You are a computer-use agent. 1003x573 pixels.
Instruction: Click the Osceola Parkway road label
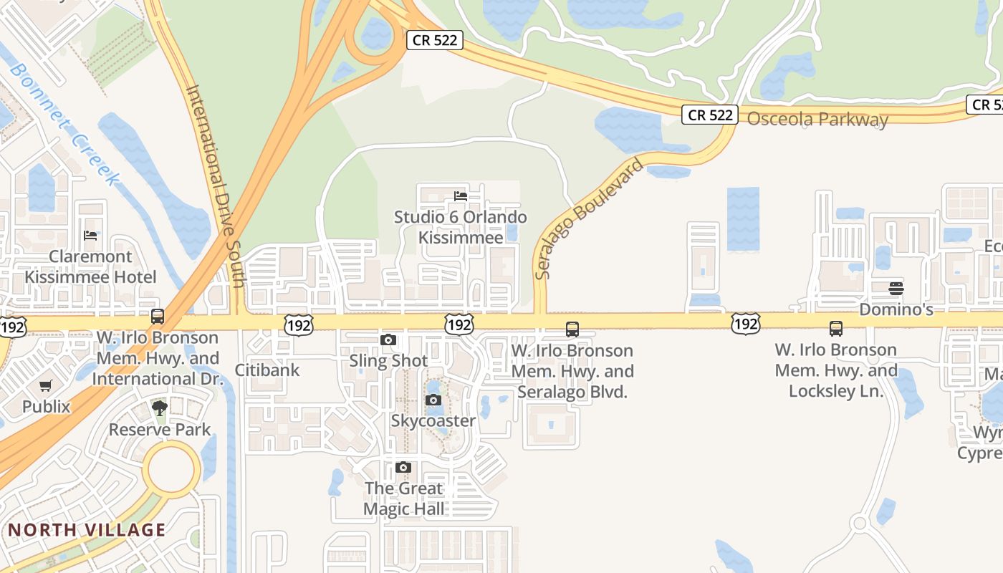click(817, 119)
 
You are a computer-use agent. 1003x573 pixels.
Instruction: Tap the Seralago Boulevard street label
click(579, 219)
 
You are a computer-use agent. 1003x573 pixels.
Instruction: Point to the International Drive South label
click(216, 186)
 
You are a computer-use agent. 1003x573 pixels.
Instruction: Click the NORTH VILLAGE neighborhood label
click(87, 530)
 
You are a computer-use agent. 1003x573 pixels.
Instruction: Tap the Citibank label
click(267, 370)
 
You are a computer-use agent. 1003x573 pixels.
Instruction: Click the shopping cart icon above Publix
click(46, 386)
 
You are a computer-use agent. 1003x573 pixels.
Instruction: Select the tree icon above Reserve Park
click(160, 408)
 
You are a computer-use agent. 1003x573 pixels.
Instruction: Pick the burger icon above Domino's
click(896, 289)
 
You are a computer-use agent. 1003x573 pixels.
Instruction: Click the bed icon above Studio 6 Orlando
click(461, 196)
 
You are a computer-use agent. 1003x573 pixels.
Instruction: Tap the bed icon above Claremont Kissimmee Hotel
click(90, 235)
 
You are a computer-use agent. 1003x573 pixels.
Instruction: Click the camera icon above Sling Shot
click(388, 340)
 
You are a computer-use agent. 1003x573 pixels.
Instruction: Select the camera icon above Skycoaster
click(433, 400)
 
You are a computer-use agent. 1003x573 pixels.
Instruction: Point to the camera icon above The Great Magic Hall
click(403, 468)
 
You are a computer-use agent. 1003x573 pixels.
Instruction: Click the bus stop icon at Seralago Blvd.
click(572, 329)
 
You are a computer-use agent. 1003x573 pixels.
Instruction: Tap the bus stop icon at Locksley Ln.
click(836, 329)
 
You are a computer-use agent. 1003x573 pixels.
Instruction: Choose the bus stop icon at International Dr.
click(158, 316)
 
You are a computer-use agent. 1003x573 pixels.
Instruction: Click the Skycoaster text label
click(433, 420)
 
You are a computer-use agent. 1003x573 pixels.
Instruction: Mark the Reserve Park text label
click(160, 429)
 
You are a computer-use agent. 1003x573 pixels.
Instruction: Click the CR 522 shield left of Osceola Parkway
click(710, 115)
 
